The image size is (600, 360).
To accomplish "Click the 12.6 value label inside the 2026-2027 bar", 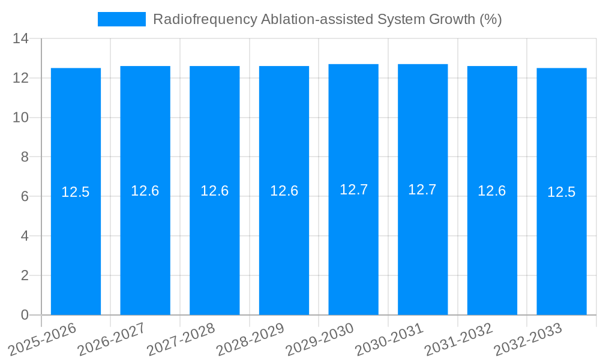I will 145,191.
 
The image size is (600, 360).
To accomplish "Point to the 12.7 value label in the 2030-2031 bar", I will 422,190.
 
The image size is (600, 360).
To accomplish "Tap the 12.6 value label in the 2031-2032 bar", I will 492,191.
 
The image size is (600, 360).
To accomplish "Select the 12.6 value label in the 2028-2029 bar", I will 284,191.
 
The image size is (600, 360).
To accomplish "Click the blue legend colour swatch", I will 122,19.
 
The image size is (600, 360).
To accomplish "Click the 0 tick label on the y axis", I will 25,315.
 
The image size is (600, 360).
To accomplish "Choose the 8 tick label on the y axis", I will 25,157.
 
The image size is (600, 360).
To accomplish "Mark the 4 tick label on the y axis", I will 25,236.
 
